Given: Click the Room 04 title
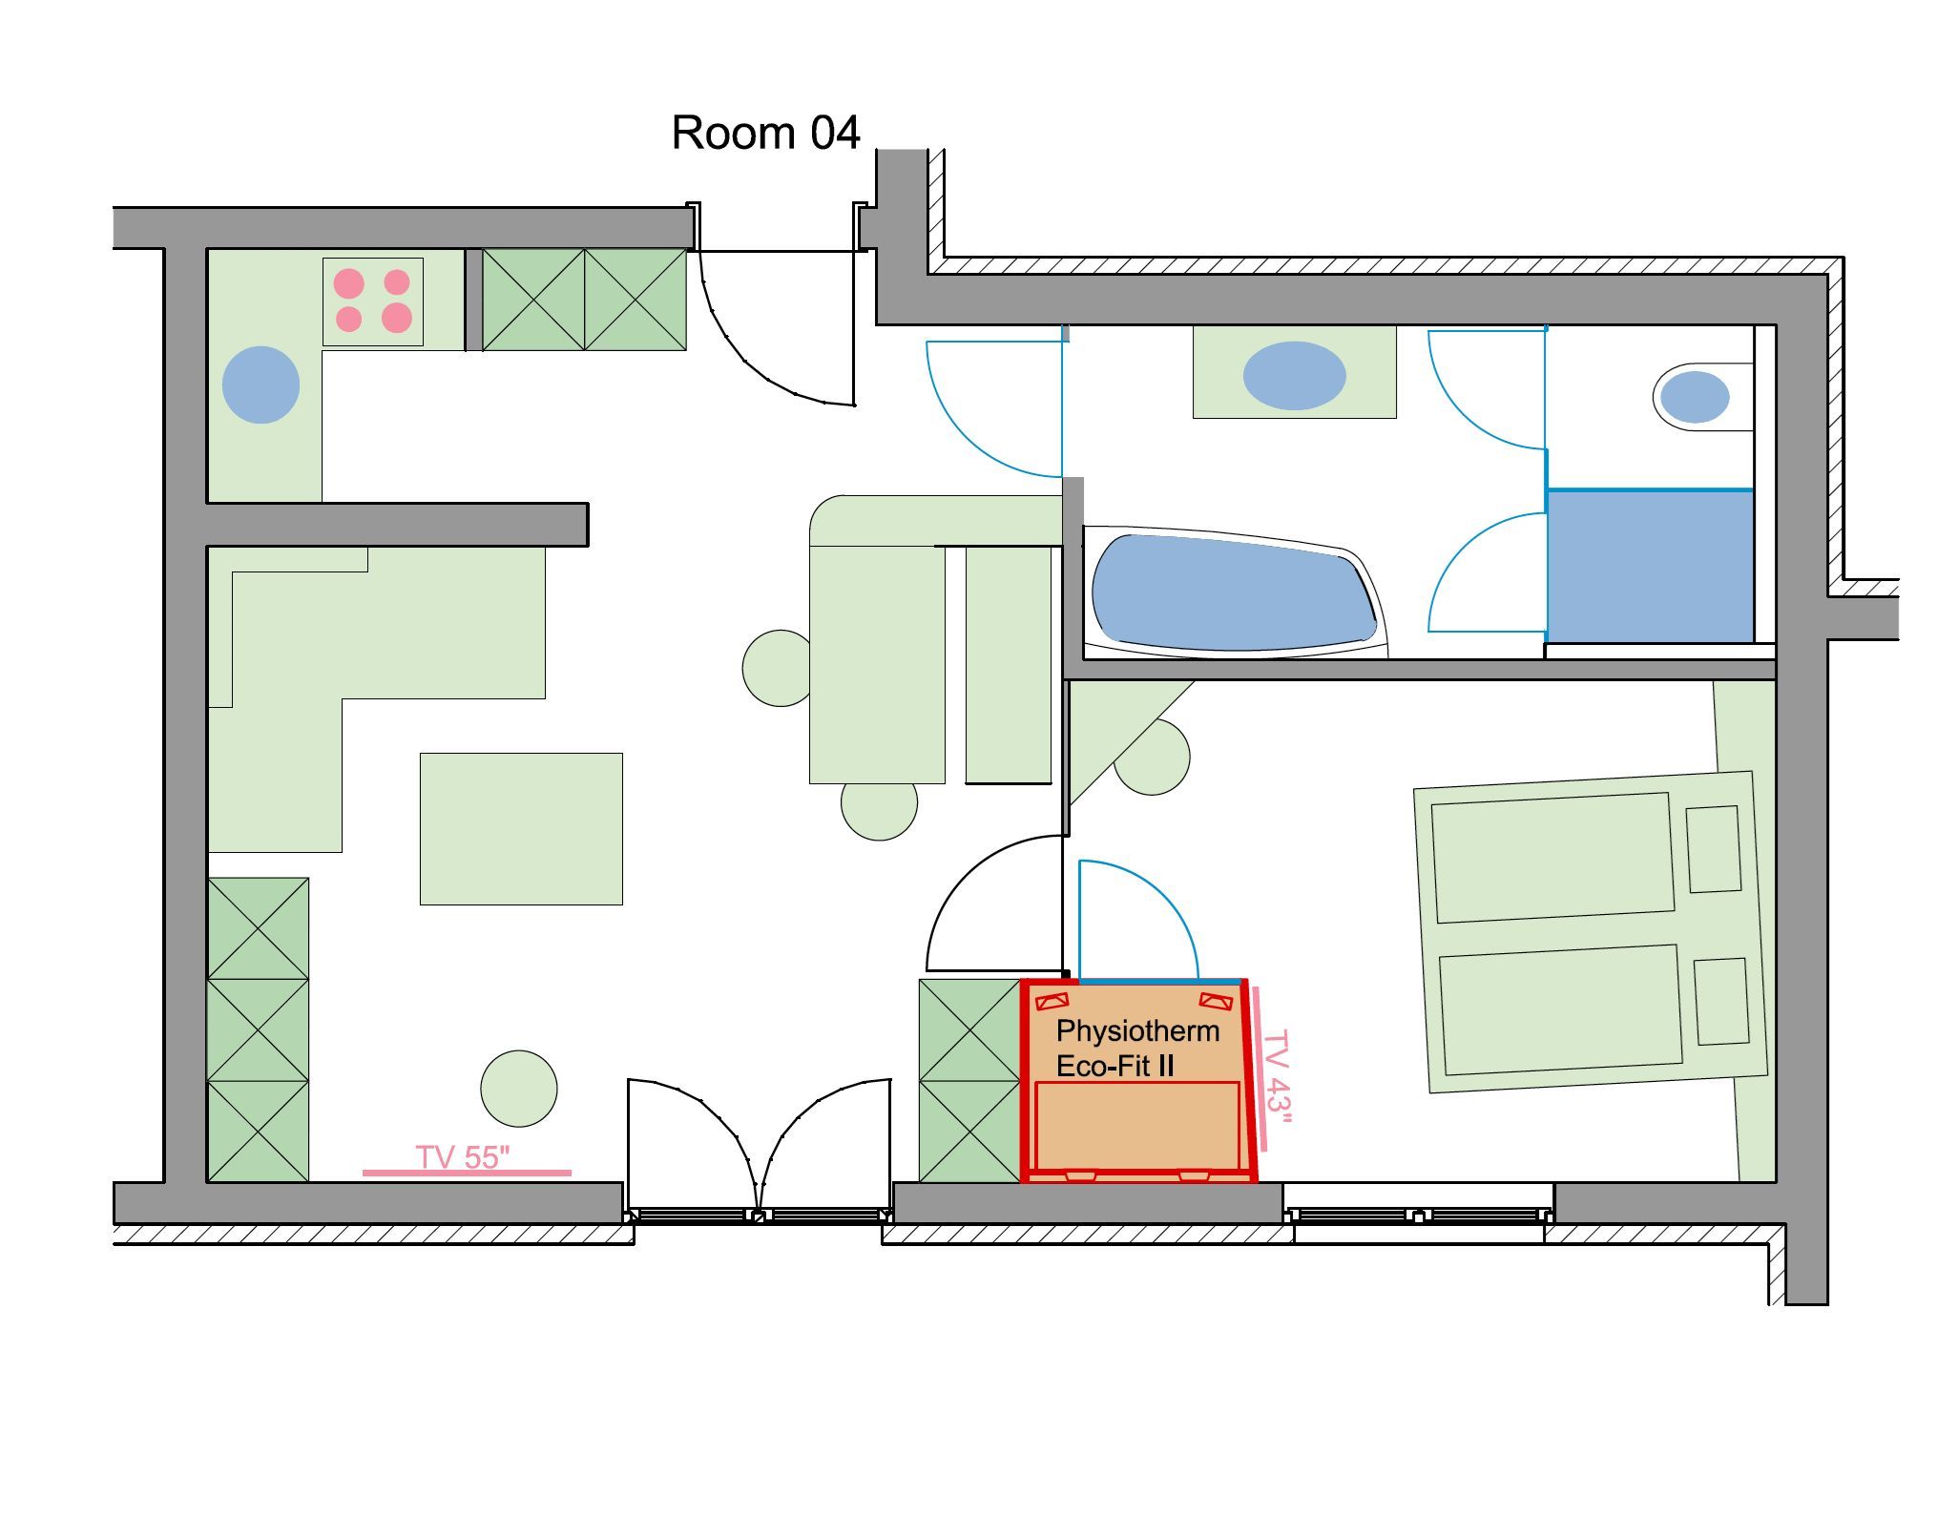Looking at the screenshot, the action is click(765, 133).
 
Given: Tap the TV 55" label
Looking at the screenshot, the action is click(463, 1157).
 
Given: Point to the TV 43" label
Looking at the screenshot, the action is click(1277, 1077).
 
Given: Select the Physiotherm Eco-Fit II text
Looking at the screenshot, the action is click(1137, 1048).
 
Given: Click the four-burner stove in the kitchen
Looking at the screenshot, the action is click(373, 301).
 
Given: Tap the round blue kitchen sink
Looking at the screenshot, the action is click(260, 384).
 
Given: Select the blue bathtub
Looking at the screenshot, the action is click(1234, 592).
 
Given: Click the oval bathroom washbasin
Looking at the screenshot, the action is click(1294, 376).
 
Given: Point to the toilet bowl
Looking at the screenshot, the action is click(1695, 397).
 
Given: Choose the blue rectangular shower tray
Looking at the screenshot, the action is click(1650, 566).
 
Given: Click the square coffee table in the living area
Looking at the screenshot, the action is click(521, 829).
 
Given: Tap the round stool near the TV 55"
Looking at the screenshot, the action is click(519, 1089).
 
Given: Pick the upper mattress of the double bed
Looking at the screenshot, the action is click(1553, 858).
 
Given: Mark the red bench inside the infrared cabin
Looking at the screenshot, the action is click(1137, 1126).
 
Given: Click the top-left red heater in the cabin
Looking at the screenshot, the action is click(1052, 1002).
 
